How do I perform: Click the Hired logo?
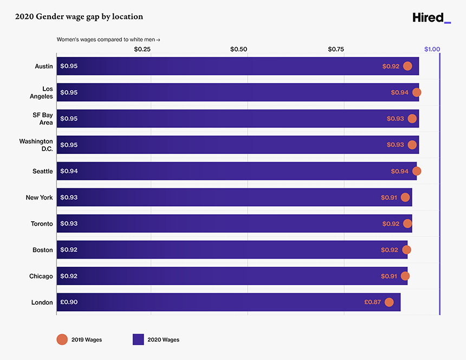pyautogui.click(x=431, y=18)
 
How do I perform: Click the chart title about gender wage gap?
pyautogui.click(x=79, y=17)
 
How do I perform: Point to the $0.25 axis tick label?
pyautogui.click(x=142, y=49)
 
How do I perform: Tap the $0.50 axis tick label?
pyautogui.click(x=238, y=49)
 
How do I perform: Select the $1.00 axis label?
pyautogui.click(x=432, y=49)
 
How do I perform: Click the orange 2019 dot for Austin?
pyautogui.click(x=407, y=66)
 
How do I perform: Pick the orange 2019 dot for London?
pyautogui.click(x=389, y=302)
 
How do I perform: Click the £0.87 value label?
pyautogui.click(x=372, y=302)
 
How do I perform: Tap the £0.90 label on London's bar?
pyautogui.click(x=69, y=302)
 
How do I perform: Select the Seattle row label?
pyautogui.click(x=42, y=171)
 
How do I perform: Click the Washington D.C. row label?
pyautogui.click(x=36, y=145)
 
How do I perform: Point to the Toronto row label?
pyautogui.click(x=42, y=223)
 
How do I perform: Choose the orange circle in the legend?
pyautogui.click(x=62, y=339)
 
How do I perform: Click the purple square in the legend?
pyautogui.click(x=138, y=339)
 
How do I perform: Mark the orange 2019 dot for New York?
pyautogui.click(x=405, y=197)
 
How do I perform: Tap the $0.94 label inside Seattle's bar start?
pyautogui.click(x=69, y=171)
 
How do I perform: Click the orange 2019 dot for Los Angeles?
pyautogui.click(x=416, y=92)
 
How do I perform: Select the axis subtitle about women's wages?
pyautogui.click(x=108, y=40)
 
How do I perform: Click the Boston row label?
pyautogui.click(x=43, y=250)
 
